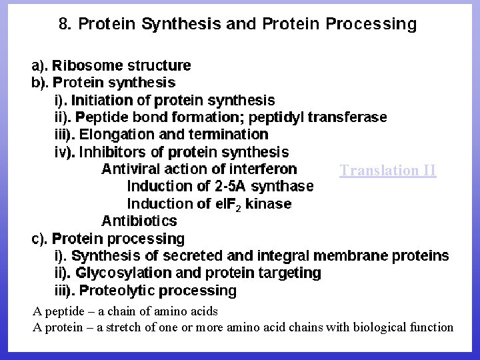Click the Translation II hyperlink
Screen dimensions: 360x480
pos(388,170)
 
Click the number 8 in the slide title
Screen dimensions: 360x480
pos(65,25)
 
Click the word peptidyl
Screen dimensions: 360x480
pos(274,117)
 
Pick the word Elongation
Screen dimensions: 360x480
pos(117,135)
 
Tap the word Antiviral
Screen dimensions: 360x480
pos(129,169)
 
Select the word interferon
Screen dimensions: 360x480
pos(263,169)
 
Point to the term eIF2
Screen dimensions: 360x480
pos(227,204)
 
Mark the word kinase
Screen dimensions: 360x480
pos(269,203)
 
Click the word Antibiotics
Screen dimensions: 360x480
pos(139,221)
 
